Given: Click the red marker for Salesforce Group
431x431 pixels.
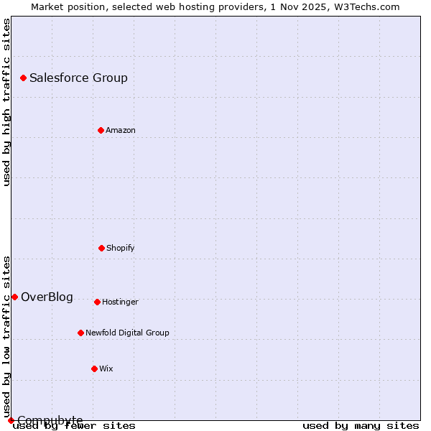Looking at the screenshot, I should pyautogui.click(x=23, y=78).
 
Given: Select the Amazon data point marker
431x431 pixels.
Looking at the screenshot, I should pyautogui.click(x=101, y=130).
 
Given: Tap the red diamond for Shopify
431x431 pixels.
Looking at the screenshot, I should pyautogui.click(x=101, y=248).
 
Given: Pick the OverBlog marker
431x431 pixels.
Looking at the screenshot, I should pyautogui.click(x=14, y=297).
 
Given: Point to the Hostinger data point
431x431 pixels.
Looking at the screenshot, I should pyautogui.click(x=97, y=302).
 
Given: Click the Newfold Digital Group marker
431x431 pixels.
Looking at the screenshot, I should pyautogui.click(x=80, y=333).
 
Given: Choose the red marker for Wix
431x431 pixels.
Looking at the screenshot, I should pyautogui.click(x=94, y=369).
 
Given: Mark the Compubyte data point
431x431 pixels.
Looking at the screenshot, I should pyautogui.click(x=11, y=420).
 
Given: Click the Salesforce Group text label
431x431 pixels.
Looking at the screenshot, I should pyautogui.click(x=78, y=78).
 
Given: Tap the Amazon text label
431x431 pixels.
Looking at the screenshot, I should pyautogui.click(x=121, y=130).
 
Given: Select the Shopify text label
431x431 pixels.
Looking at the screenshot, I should pyautogui.click(x=121, y=248).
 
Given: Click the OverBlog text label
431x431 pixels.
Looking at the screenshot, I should pyautogui.click(x=47, y=297).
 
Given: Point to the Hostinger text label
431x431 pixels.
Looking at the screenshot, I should pyautogui.click(x=120, y=302).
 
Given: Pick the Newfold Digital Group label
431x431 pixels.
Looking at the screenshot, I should pyautogui.click(x=127, y=333).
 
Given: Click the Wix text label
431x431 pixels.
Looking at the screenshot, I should pyautogui.click(x=106, y=369).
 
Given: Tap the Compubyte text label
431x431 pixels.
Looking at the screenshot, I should pyautogui.click(x=50, y=420).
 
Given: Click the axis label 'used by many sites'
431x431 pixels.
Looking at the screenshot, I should pyautogui.click(x=361, y=425).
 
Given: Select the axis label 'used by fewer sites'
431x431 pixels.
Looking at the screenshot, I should pyautogui.click(x=75, y=425).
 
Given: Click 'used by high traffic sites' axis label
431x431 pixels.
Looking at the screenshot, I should pyautogui.click(x=6, y=102).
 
